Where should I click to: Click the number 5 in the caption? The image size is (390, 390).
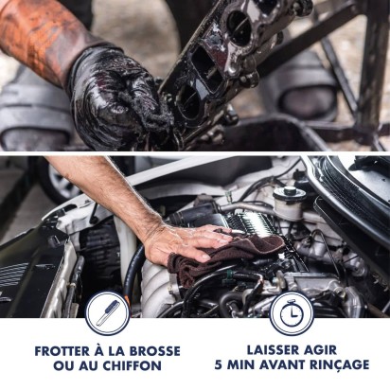[x=219, y=364]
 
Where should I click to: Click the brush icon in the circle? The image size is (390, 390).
[x=108, y=312]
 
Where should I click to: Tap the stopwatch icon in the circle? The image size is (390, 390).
[x=292, y=313]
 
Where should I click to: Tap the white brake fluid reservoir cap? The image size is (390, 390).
[x=290, y=192]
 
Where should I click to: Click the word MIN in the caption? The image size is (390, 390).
[x=240, y=364]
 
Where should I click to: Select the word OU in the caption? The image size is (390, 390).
[x=63, y=365]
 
